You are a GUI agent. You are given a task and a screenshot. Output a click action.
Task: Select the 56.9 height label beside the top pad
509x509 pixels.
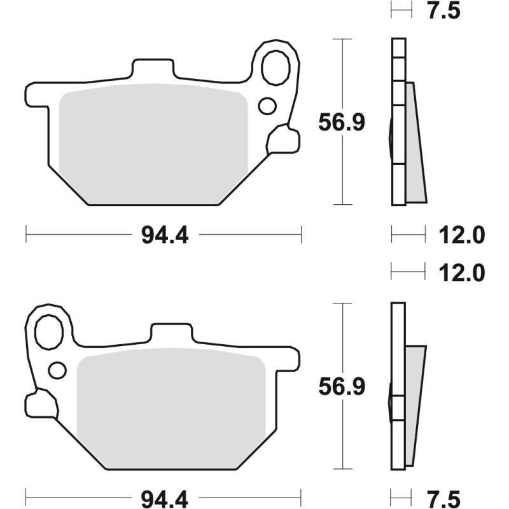click(342, 123)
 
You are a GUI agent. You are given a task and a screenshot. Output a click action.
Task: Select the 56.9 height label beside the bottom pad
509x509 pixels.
click(342, 387)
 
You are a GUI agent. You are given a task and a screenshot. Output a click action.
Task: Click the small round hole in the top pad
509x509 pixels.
click(267, 105)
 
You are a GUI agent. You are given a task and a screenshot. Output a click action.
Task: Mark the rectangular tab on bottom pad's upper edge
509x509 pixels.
click(171, 332)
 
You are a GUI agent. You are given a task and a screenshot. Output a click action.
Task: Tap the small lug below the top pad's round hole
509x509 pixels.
click(282, 140)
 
